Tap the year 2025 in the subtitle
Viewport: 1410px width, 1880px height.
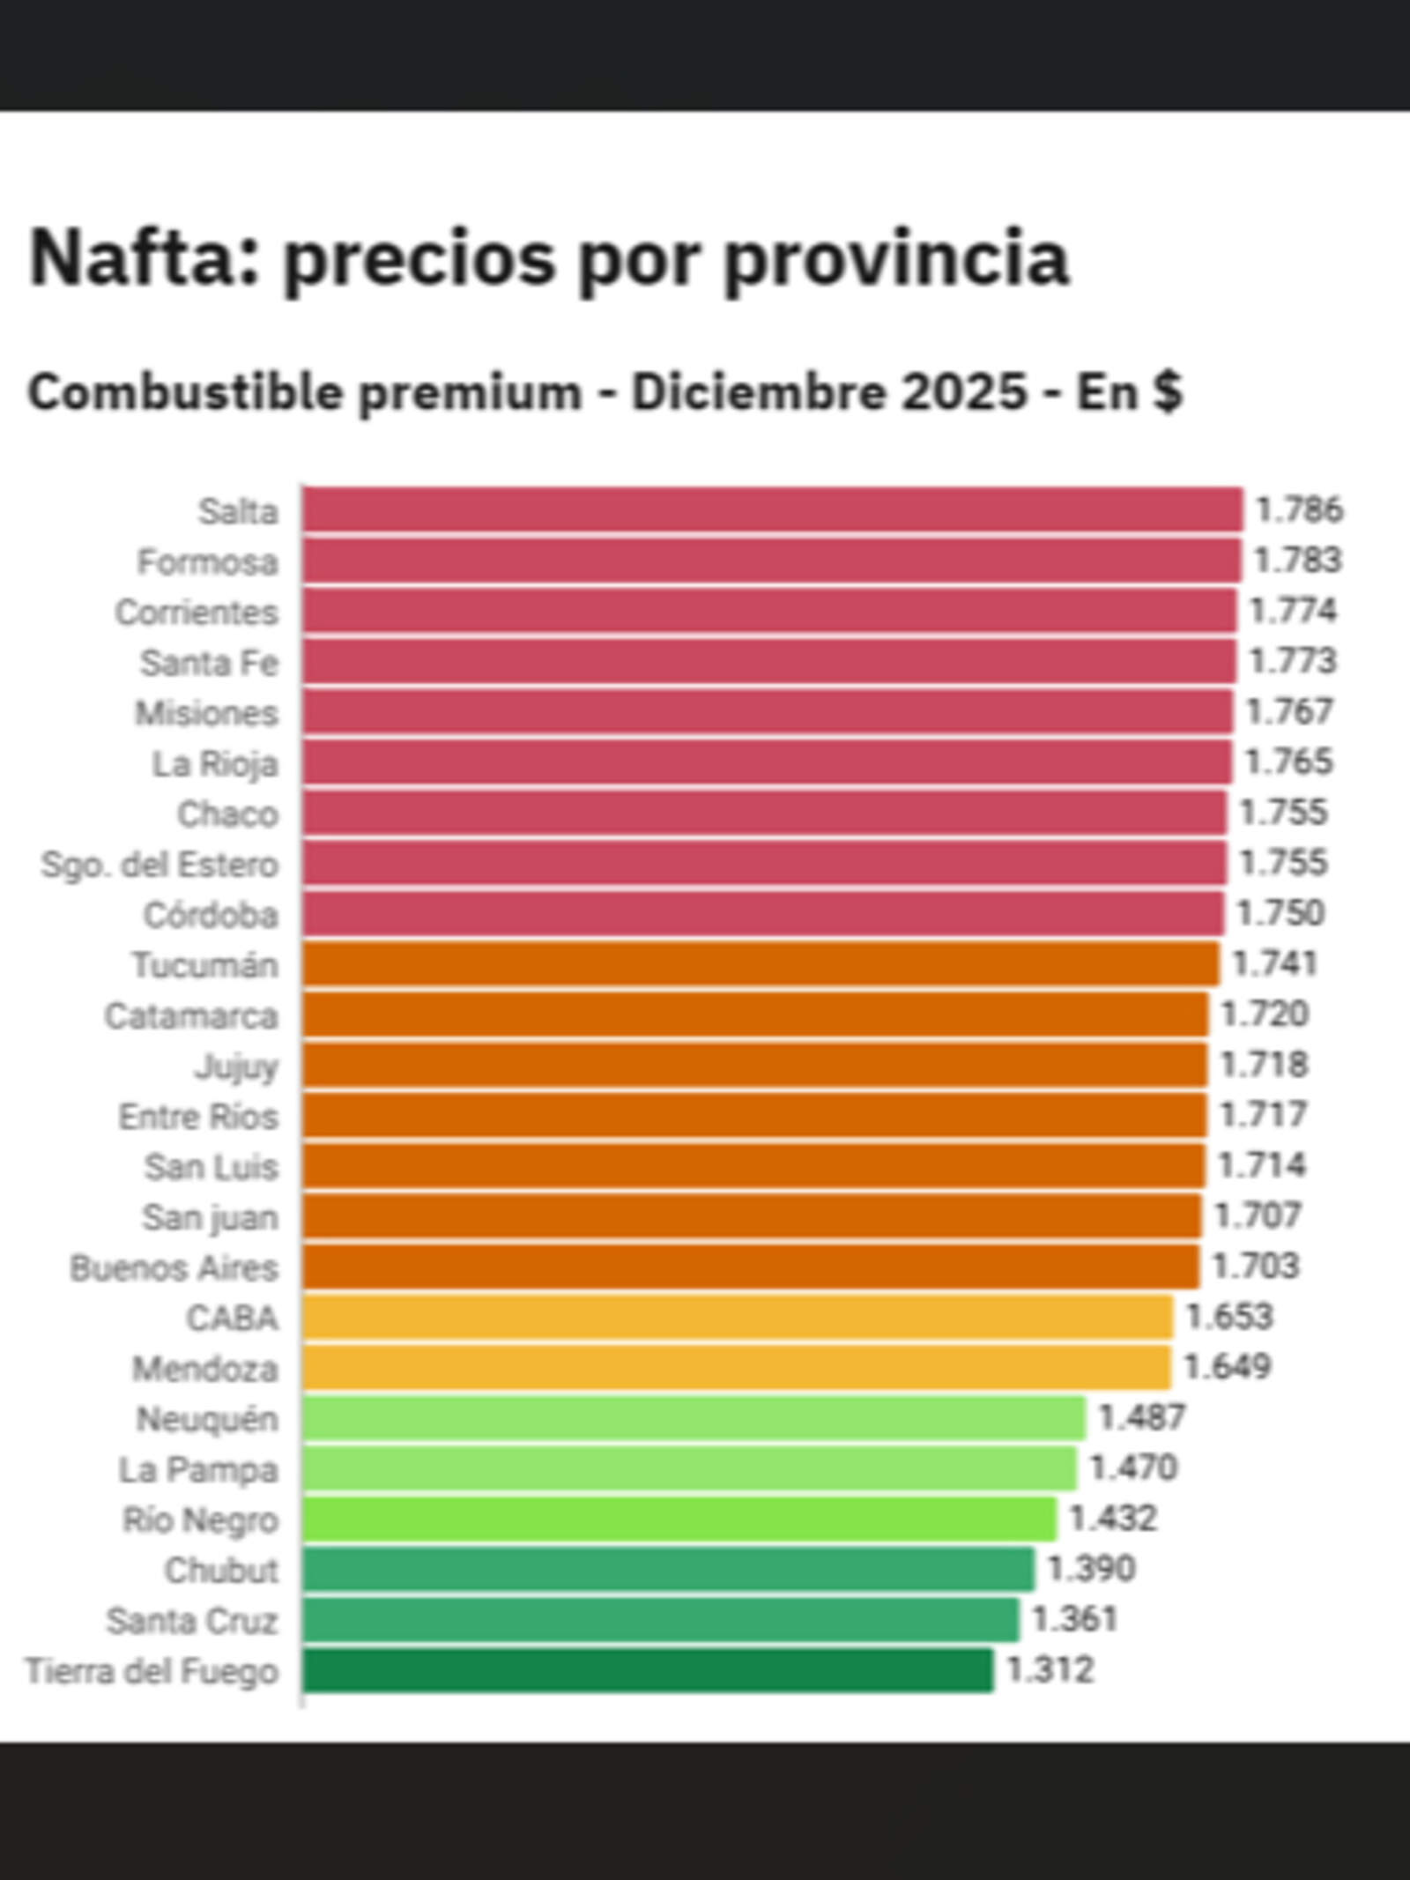click(x=964, y=392)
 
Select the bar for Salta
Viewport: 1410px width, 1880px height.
click(x=772, y=510)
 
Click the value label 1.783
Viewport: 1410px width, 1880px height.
click(x=1297, y=561)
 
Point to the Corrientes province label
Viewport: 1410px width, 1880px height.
click(x=197, y=613)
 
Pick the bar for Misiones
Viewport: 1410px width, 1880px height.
click(x=767, y=712)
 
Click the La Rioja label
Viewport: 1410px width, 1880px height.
click(x=215, y=763)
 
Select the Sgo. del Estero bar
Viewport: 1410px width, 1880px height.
click(x=763, y=863)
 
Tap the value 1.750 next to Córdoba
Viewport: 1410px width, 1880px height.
click(x=1280, y=913)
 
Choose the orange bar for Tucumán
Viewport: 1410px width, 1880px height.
click(x=761, y=963)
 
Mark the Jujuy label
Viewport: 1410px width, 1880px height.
click(x=236, y=1066)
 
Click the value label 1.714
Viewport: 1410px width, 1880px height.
click(x=1262, y=1165)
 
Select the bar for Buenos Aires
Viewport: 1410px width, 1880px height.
click(x=750, y=1267)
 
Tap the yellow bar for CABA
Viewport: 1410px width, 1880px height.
click(x=737, y=1317)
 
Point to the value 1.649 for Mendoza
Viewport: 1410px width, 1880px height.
click(x=1227, y=1367)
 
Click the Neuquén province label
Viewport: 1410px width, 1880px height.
click(x=207, y=1419)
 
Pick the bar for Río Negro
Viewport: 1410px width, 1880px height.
click(x=679, y=1519)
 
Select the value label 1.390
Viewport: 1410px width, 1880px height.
click(x=1091, y=1569)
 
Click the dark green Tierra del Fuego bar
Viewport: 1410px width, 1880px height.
click(x=647, y=1670)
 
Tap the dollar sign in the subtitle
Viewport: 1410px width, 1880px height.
click(x=1167, y=392)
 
